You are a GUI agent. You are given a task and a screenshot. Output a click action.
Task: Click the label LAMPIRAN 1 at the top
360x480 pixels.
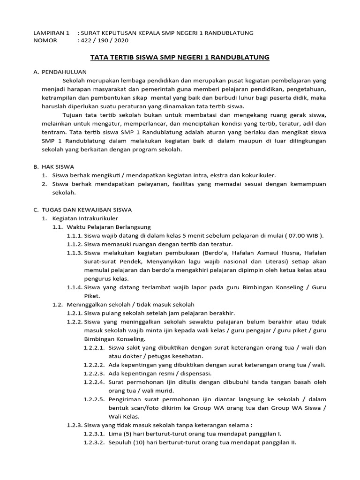51,33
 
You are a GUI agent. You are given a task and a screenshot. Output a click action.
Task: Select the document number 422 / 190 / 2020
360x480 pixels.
102,40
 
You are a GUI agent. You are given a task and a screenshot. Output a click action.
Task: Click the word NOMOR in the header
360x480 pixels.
45,40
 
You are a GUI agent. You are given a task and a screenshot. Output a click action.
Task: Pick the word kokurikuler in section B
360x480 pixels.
259,175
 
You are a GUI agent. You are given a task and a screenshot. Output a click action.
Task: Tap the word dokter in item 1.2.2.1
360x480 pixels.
128,356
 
